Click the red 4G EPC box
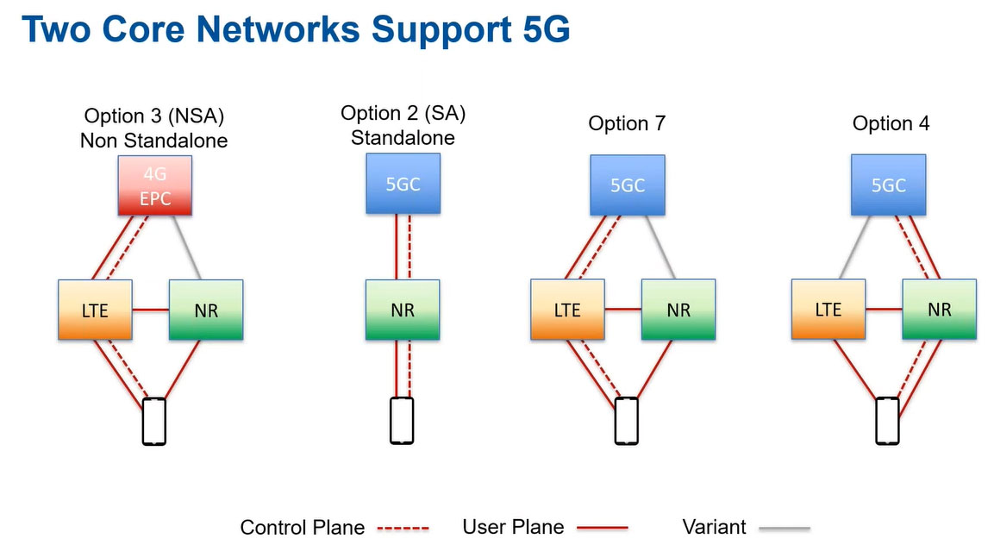(x=154, y=186)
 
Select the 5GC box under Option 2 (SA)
(x=403, y=184)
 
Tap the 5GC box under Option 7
(x=628, y=185)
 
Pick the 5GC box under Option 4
(x=888, y=185)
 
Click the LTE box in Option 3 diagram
(x=95, y=310)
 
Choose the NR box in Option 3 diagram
(x=206, y=310)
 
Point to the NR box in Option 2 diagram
(x=403, y=310)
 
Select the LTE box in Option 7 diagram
(x=567, y=310)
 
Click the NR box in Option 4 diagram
(x=939, y=309)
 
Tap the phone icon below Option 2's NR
(x=401, y=421)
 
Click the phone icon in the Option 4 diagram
(x=887, y=422)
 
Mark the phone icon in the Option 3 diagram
(x=154, y=422)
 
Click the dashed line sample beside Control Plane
(x=403, y=528)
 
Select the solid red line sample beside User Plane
(x=603, y=527)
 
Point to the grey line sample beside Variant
(x=785, y=528)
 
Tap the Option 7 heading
(x=627, y=123)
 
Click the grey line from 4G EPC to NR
(x=187, y=247)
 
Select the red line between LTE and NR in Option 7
(x=623, y=309)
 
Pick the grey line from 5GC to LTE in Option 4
(x=854, y=247)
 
